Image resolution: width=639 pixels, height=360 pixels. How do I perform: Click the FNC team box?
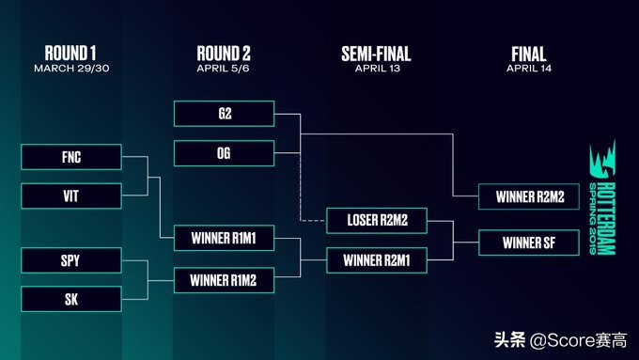coord(71,157)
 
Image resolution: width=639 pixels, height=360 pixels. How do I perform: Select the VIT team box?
coord(71,196)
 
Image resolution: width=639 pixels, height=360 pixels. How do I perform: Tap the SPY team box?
coord(71,260)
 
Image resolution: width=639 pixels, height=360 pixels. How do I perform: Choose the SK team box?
coord(71,299)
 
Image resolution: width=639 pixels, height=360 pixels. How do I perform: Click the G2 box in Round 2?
coord(225,114)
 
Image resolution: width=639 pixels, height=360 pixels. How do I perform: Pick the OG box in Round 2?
coord(225,153)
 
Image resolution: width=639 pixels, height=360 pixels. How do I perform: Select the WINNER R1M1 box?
coord(225,238)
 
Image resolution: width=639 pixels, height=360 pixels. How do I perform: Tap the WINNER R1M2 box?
coord(225,280)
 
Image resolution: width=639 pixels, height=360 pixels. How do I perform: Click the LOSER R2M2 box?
coord(377,221)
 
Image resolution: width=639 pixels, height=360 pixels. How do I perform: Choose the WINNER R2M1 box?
coord(377,260)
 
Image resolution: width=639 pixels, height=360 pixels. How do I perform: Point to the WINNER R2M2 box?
coord(529,196)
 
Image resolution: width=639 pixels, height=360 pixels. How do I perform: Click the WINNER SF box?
coord(529,243)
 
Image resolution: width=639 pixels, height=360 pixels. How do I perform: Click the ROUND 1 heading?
coord(70,54)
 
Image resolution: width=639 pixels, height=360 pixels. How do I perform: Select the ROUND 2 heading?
coord(224,54)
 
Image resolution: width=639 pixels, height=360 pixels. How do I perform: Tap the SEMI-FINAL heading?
coord(376,54)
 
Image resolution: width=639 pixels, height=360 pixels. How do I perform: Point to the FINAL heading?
coord(529,54)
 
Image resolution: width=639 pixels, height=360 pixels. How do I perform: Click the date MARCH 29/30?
coord(71,68)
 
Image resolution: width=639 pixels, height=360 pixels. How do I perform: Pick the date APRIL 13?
coord(378,69)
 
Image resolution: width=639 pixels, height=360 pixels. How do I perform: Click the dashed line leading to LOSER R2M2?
coord(301,188)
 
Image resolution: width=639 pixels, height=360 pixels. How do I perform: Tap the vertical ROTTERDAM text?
coord(607,218)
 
